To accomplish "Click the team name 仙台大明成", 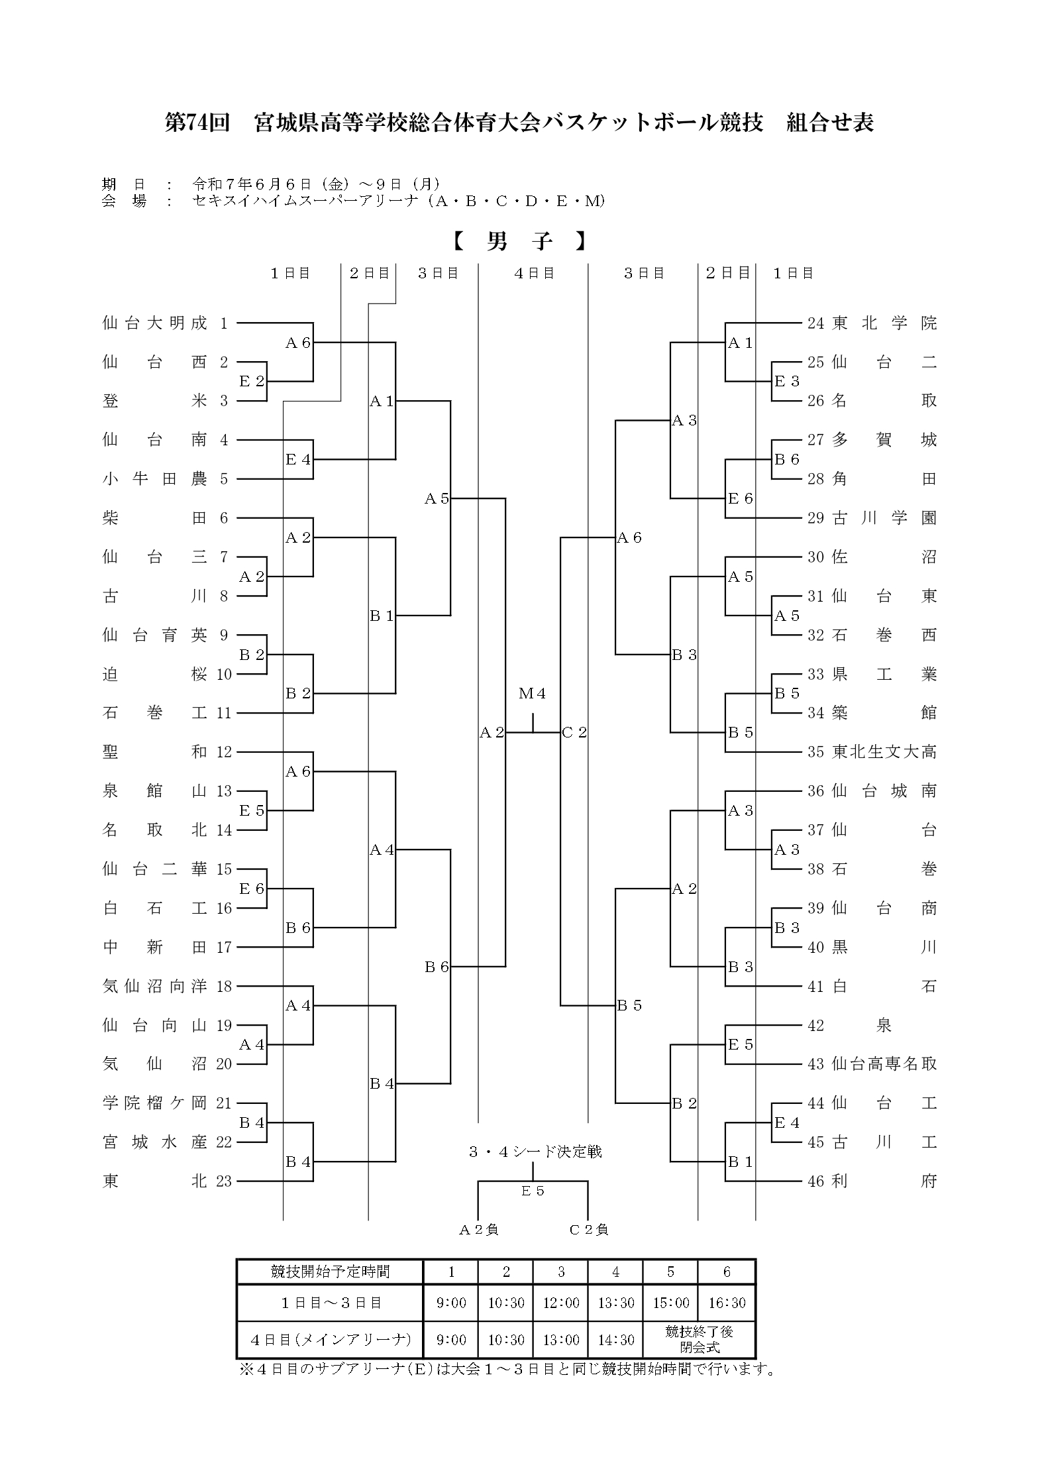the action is pyautogui.click(x=155, y=323).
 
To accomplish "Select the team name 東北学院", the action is pyautogui.click(x=885, y=323).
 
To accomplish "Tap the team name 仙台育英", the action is pyautogui.click(x=155, y=635).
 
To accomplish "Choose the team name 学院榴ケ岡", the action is pyautogui.click(x=155, y=1103).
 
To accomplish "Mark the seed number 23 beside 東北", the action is pyautogui.click(x=224, y=1181).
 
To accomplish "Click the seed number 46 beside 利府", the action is pyautogui.click(x=815, y=1181).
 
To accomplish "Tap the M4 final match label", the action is pyautogui.click(x=533, y=694).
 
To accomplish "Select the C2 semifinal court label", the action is pyautogui.click(x=574, y=733).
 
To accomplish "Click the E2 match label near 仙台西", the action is pyautogui.click(x=252, y=382).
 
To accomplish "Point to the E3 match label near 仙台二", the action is pyautogui.click(x=787, y=382).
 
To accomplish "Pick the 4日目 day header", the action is pyautogui.click(x=534, y=273).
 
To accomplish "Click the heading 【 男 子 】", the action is pyautogui.click(x=520, y=242).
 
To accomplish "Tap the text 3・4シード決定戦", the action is pyautogui.click(x=535, y=1152).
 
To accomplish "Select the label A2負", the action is pyautogui.click(x=478, y=1230).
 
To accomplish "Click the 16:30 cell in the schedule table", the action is pyautogui.click(x=727, y=1303).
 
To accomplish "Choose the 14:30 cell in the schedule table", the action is pyautogui.click(x=616, y=1340).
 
